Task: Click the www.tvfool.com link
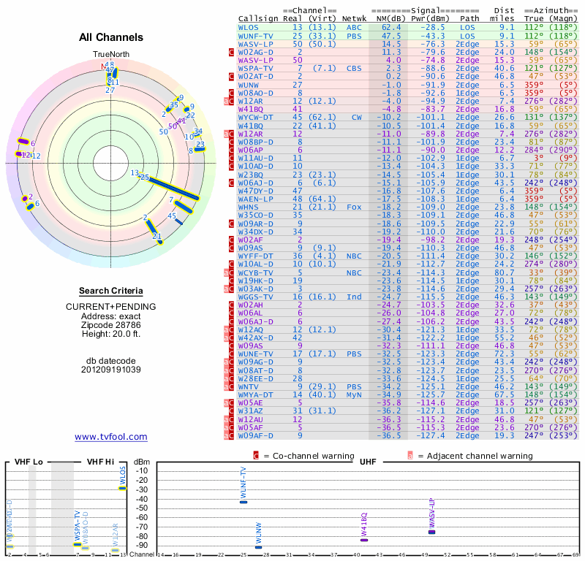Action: point(111,437)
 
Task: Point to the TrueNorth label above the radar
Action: point(110,55)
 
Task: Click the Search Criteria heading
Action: point(111,291)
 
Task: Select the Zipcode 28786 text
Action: point(111,324)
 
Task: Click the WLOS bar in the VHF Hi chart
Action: point(123,488)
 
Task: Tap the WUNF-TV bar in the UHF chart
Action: point(244,502)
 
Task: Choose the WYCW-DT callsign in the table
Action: point(256,117)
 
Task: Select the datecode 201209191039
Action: point(111,370)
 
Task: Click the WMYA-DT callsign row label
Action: point(256,394)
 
